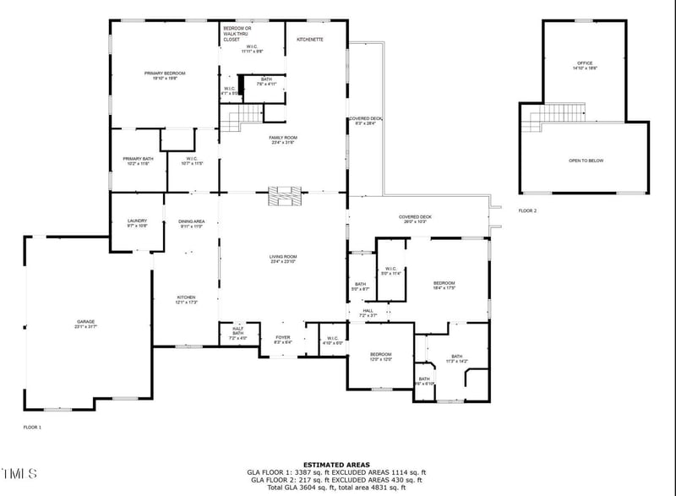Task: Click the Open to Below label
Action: tap(586, 161)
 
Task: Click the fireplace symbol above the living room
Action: tap(283, 196)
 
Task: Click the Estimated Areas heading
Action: tap(337, 465)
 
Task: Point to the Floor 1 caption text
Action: tap(32, 428)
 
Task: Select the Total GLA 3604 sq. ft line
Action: tap(337, 487)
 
